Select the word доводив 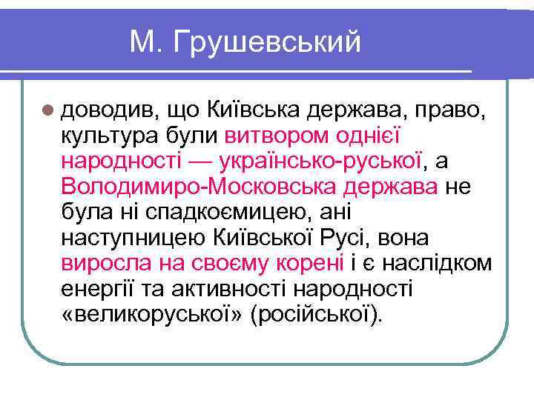click(103, 110)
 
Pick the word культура click(109, 136)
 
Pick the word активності click(231, 290)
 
